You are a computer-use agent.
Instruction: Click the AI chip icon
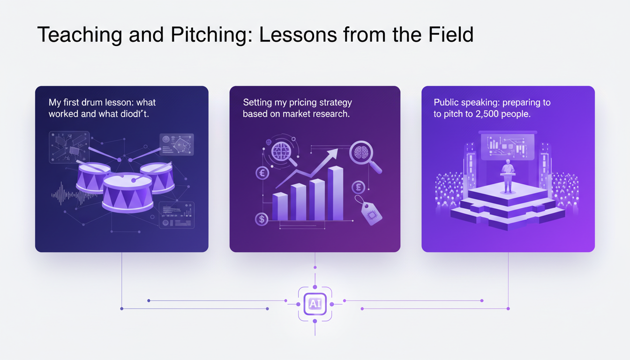pyautogui.click(x=315, y=304)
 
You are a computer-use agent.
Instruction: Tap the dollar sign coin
pyautogui.click(x=262, y=218)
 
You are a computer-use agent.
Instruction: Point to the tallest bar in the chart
pyautogui.click(x=335, y=193)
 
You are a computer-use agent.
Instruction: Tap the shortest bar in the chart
pyautogui.click(x=280, y=206)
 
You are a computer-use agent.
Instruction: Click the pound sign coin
pyautogui.click(x=358, y=187)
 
